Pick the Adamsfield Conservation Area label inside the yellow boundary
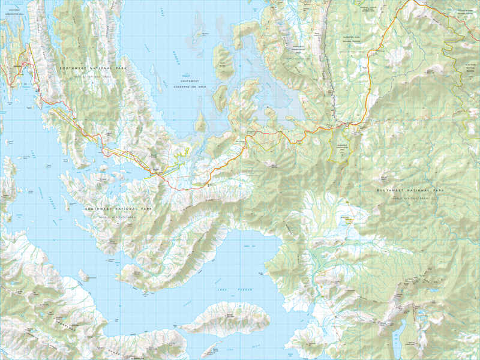[x=341, y=147]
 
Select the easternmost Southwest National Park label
[x=410, y=191]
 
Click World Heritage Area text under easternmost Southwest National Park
[x=410, y=197]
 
